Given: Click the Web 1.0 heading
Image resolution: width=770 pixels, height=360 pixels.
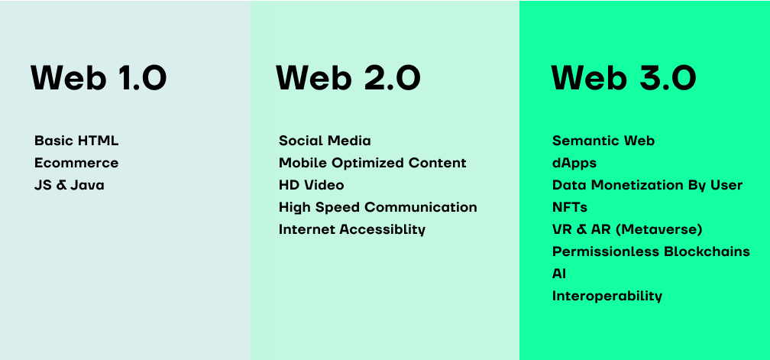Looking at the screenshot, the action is click(x=99, y=78).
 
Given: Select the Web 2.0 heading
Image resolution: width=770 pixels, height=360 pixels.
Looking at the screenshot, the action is click(x=348, y=78).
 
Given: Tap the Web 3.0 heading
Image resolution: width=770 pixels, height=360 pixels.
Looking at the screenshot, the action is click(x=623, y=78).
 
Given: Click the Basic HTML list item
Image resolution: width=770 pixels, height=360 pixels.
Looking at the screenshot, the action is click(x=76, y=141).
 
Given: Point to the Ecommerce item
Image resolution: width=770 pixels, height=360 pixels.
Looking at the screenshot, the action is click(x=76, y=163).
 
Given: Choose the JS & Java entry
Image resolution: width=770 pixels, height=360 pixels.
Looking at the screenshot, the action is click(x=70, y=185).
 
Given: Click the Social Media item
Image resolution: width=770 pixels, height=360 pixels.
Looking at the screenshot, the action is click(x=325, y=141).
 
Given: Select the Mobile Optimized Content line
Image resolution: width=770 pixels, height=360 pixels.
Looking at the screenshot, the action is click(x=372, y=163).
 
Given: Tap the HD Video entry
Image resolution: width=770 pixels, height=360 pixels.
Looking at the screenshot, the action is click(x=312, y=185).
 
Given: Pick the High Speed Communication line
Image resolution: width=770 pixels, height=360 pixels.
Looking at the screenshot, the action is click(x=377, y=208).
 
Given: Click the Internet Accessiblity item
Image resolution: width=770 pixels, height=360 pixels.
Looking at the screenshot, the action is click(x=351, y=230).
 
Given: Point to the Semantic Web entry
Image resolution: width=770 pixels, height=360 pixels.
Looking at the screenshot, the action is click(x=603, y=141).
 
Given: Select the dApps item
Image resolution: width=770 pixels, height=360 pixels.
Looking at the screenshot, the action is click(x=574, y=164).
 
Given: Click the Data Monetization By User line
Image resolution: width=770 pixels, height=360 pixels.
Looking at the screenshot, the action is click(x=647, y=186).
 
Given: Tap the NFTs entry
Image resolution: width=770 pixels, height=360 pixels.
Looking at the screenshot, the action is click(x=570, y=207).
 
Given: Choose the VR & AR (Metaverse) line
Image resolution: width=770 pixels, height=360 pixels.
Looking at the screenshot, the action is click(x=627, y=229).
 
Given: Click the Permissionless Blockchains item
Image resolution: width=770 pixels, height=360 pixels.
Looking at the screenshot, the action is click(x=651, y=251).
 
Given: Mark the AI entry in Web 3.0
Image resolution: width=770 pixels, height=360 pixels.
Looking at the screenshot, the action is click(x=559, y=274).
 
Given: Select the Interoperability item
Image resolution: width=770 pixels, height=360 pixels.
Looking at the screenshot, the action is click(x=607, y=296).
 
